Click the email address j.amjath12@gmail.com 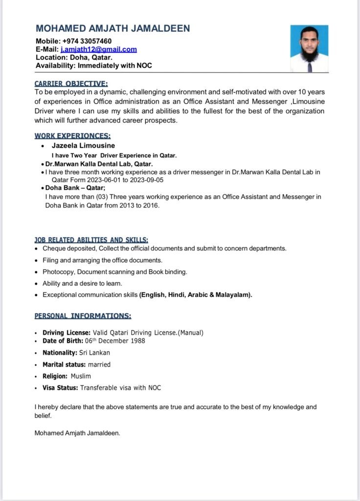(x=99, y=49)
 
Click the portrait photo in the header (x=309, y=48)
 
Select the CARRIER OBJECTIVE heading (x=71, y=84)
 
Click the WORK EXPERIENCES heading (x=72, y=136)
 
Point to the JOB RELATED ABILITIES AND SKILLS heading (x=91, y=240)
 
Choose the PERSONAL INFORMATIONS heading (x=83, y=316)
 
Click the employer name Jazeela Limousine (x=84, y=145)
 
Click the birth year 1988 (x=136, y=341)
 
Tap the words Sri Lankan (x=94, y=352)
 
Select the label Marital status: (x=64, y=364)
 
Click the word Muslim (x=81, y=376)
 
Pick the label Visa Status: (x=60, y=388)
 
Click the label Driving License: (x=66, y=333)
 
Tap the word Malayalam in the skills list (x=233, y=295)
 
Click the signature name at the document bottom (x=77, y=433)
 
